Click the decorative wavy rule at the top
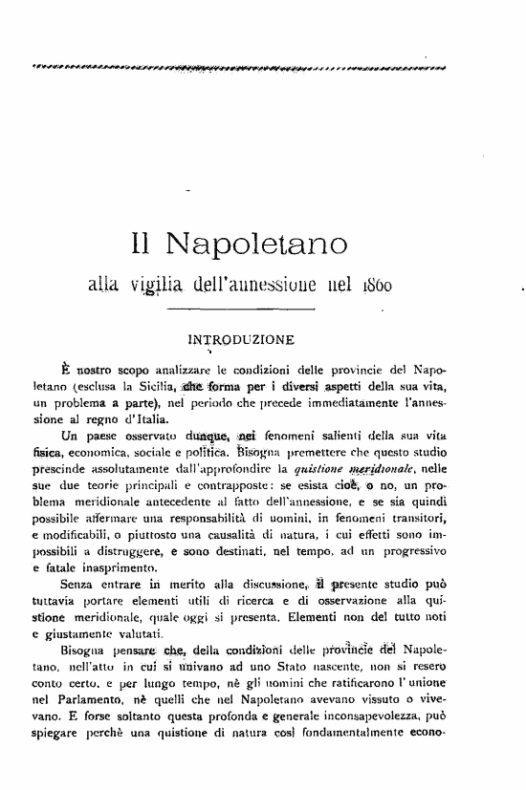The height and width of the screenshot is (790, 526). (240, 67)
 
